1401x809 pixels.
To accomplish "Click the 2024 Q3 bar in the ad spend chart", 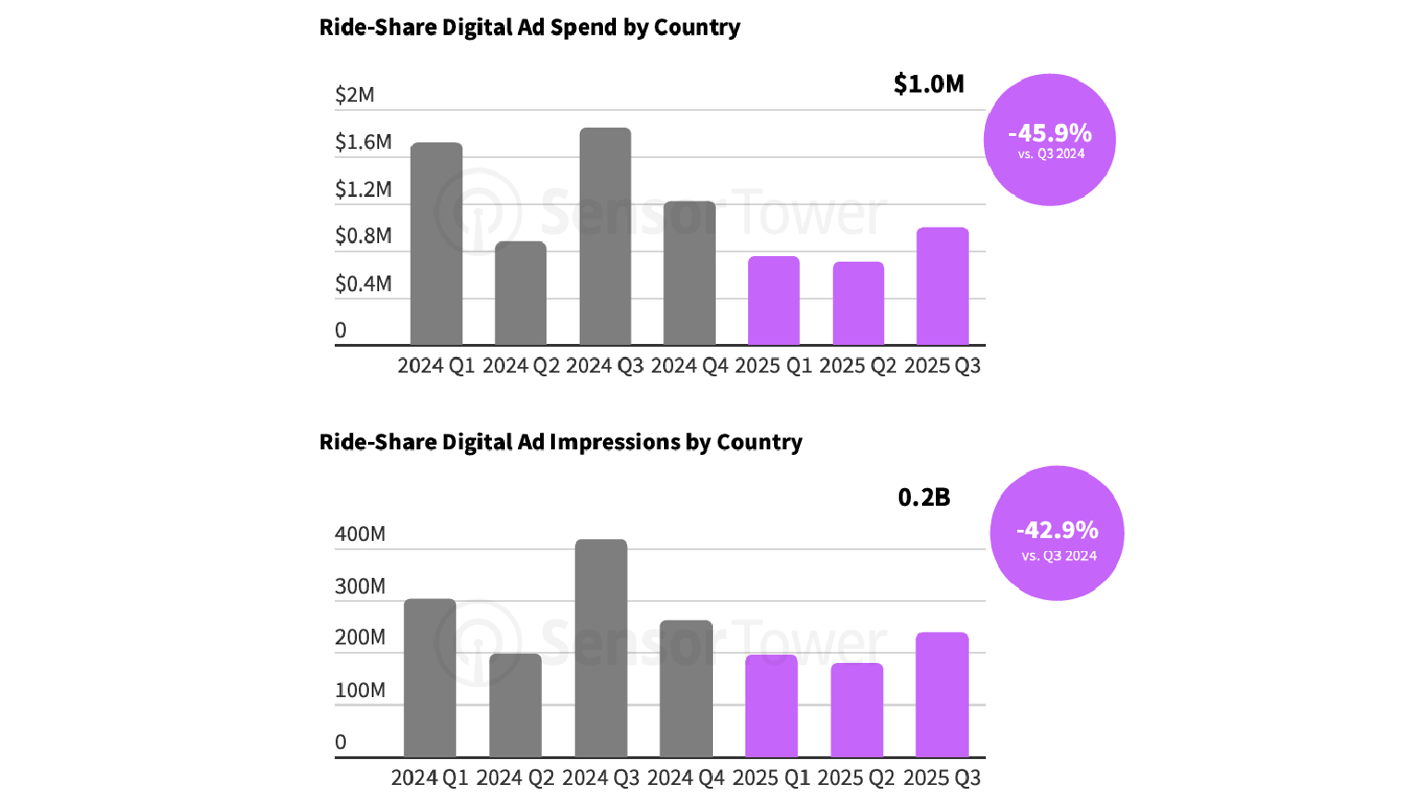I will point(605,237).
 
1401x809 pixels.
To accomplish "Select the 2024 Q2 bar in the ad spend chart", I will point(521,293).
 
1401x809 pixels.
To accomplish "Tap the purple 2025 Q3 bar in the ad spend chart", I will point(942,287).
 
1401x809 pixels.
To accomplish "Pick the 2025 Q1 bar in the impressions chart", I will point(771,706).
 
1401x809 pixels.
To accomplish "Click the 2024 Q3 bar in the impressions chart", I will point(601,648).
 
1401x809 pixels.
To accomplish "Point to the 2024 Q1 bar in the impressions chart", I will point(430,678).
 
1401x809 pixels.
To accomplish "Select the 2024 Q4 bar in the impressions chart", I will point(686,689).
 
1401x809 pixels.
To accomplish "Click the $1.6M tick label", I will point(363,142).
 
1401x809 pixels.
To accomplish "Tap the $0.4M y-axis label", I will point(363,284).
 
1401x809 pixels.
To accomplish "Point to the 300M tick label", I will point(360,586).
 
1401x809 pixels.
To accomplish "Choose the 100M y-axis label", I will point(360,691).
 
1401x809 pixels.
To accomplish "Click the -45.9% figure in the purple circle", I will point(1051,133).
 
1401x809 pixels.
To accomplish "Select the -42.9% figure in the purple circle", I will point(1057,530).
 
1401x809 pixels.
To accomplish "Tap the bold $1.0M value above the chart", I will point(928,84).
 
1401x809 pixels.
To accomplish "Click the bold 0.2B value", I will point(924,497).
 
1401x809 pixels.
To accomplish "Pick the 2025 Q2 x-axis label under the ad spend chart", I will point(858,366).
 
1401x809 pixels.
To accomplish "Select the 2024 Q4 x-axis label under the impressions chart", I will point(686,778).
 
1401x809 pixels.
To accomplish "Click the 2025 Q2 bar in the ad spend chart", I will point(858,303).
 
